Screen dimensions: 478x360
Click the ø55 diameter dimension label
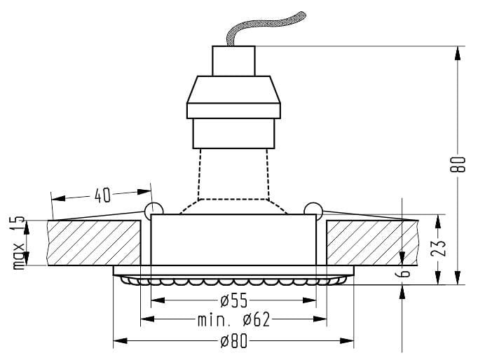[x=233, y=301]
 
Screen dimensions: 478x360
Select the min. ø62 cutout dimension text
[x=234, y=320]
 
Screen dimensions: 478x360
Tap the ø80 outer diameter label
[x=233, y=341]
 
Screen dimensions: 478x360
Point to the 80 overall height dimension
[x=458, y=165]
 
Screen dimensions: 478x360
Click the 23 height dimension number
[x=439, y=248]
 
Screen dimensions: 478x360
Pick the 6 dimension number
[x=404, y=274]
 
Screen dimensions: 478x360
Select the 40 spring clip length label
[x=102, y=195]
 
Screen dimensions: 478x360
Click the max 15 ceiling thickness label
[x=19, y=243]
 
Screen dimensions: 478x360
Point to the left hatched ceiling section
[x=94, y=243]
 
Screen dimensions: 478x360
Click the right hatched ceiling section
[x=372, y=243]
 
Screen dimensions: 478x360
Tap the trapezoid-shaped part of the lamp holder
[x=233, y=90]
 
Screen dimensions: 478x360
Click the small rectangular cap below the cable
[x=233, y=61]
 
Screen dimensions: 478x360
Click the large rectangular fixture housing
[x=233, y=240]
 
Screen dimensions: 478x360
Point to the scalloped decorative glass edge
[x=233, y=280]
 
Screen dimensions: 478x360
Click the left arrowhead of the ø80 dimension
[x=120, y=340]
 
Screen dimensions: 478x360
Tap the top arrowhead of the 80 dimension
[x=458, y=53]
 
